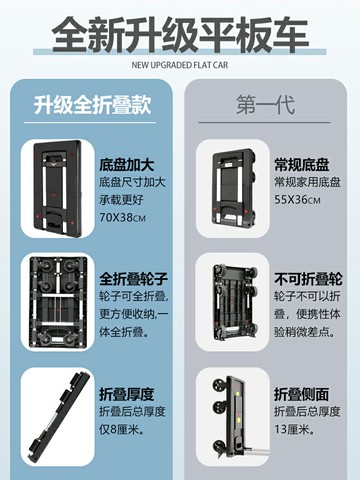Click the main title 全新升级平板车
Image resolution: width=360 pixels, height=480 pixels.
180,35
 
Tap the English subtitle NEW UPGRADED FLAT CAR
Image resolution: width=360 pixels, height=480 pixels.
180,65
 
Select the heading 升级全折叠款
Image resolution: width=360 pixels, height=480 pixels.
92,105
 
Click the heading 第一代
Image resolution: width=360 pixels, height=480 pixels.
266,105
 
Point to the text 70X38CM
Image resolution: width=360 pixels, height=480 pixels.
122,218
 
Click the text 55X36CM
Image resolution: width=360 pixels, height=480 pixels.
297,200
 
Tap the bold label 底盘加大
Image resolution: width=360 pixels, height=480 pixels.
127,165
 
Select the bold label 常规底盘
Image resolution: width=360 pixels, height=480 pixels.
302,165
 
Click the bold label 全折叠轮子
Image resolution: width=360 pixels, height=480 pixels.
133,279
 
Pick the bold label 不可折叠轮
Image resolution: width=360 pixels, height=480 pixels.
308,279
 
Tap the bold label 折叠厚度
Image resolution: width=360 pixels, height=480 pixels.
127,394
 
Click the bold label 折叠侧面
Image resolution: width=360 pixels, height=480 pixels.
302,394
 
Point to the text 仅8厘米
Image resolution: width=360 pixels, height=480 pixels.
122,430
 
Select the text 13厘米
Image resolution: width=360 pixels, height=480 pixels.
295,430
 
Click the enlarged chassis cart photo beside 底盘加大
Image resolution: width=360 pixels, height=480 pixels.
58,189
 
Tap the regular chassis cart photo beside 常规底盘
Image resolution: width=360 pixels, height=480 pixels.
234,189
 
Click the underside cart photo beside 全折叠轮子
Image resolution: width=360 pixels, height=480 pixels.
58,302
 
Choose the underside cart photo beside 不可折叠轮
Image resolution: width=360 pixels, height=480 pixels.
235,303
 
